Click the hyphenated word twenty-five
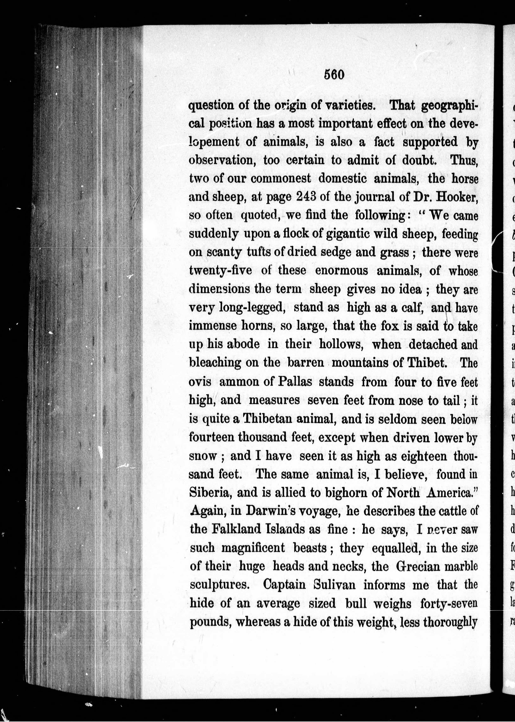click(220, 271)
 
